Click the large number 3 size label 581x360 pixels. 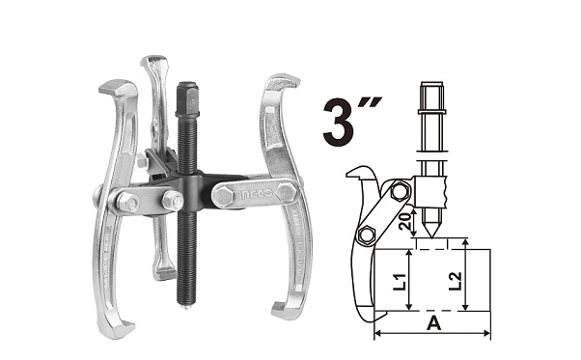[339, 123]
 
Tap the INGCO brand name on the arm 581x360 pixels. [256, 194]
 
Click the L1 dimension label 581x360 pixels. [400, 280]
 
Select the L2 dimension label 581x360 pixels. [455, 281]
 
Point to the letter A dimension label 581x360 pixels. [433, 323]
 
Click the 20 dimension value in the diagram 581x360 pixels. [407, 221]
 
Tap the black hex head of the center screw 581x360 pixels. [187, 97]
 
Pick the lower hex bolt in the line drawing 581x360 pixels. [367, 235]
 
